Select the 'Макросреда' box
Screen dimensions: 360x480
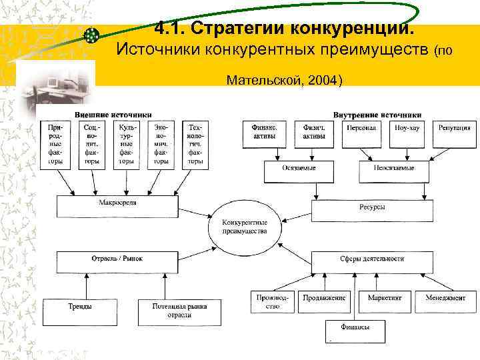(x=117, y=207)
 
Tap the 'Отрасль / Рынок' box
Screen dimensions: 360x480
(x=117, y=261)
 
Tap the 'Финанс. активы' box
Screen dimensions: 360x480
(x=265, y=131)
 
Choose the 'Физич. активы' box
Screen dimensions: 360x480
(x=314, y=131)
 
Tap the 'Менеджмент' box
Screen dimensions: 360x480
(x=445, y=302)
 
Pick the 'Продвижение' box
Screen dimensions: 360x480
(x=325, y=302)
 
